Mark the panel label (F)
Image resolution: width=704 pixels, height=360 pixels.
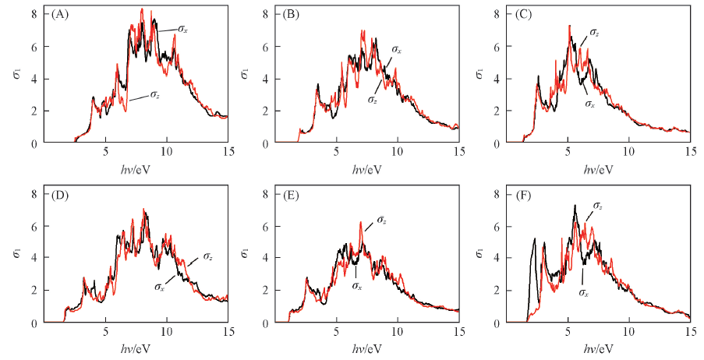point(517,194)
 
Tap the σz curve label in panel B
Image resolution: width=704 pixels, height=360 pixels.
point(373,100)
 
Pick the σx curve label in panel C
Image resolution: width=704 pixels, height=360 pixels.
point(591,104)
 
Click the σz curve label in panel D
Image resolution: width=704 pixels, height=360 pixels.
point(208,257)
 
